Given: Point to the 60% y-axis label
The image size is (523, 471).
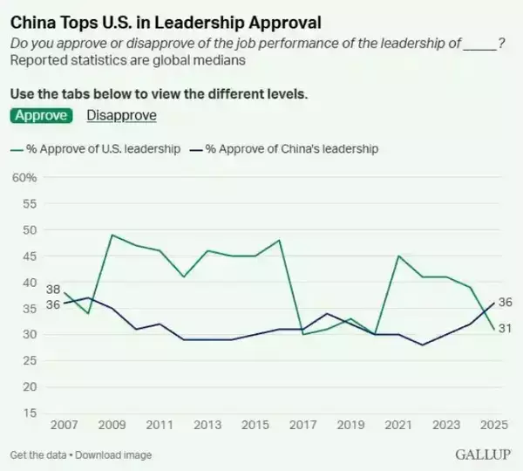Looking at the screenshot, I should [x=24, y=178].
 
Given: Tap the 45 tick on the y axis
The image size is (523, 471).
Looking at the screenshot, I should [x=29, y=256].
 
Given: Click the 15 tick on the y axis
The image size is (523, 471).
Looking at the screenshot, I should [x=29, y=413].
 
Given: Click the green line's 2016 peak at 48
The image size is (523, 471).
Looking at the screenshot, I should [x=279, y=240].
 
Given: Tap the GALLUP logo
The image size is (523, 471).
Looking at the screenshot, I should [x=482, y=455].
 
